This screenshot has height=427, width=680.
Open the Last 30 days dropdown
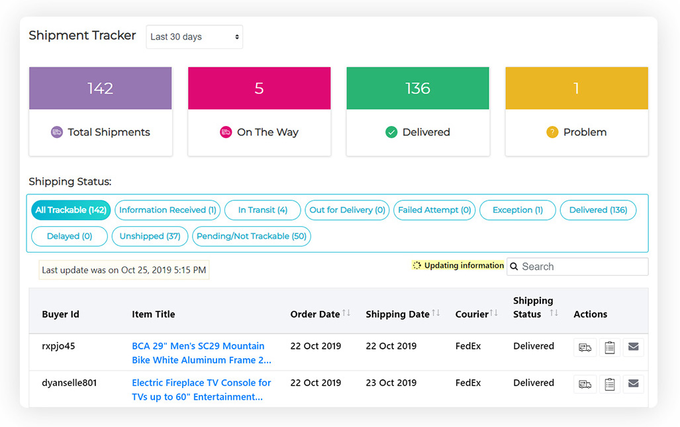coord(194,37)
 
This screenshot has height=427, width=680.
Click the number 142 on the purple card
coord(100,88)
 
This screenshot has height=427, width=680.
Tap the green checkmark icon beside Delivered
coord(391,132)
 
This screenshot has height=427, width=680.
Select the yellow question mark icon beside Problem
coord(552,132)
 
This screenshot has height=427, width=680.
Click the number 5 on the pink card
coord(259,88)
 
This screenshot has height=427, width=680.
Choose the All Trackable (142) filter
coord(71,210)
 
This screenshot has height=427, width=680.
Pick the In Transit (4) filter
coord(262,210)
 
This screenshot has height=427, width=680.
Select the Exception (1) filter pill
coord(517,210)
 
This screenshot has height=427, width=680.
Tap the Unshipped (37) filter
coord(150,236)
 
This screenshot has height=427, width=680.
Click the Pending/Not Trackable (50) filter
coord(252,236)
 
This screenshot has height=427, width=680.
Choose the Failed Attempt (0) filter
coord(434,210)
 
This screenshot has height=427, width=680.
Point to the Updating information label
coord(463,265)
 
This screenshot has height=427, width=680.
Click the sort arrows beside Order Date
coord(346,313)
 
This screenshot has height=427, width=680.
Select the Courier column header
coord(472,314)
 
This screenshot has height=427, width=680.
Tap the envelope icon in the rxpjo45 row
coord(633,347)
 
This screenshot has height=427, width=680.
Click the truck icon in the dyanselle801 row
coord(585,384)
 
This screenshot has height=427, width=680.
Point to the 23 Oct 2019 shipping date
coord(391,383)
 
